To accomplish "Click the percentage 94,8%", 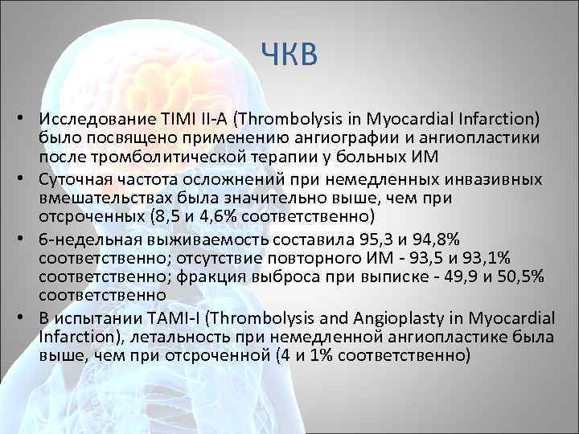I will [433, 239].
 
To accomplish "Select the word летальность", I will [155, 334].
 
